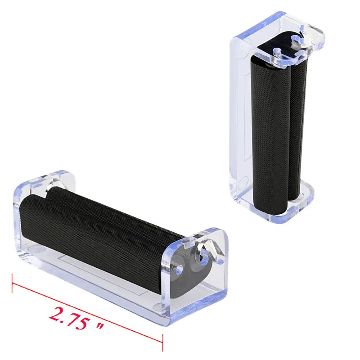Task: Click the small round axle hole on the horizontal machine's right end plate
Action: pos(180,266)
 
